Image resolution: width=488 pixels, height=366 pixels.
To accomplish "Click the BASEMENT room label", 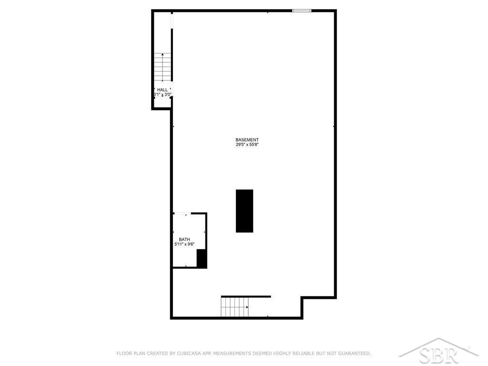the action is pos(247,140).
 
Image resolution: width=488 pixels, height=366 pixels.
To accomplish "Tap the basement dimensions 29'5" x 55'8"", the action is pos(247,144).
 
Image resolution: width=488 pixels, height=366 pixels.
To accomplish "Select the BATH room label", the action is pos(184,239).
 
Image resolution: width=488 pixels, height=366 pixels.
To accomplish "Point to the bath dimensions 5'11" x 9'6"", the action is pos(184,244).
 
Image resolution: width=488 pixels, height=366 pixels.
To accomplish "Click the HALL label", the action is pos(163,90).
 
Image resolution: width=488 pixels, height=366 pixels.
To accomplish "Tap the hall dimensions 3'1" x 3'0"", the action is pos(163,94).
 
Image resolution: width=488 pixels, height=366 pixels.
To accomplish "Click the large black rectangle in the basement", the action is pos(244,211).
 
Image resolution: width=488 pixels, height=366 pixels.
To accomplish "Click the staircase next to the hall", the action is pos(163,67).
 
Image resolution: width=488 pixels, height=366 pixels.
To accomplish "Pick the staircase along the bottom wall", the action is pos(234,307).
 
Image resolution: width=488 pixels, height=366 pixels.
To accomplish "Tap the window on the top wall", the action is pos(302,11).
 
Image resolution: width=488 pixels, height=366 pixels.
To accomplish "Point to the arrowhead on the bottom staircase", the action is pos(247,307).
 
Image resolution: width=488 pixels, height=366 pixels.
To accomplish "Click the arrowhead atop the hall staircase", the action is pos(163,54).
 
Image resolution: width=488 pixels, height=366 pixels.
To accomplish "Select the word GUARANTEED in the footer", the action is pos(354,353).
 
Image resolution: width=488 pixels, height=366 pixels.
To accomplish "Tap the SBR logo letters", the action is pos(438,356).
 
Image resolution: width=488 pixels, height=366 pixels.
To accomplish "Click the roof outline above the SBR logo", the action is pos(438,346).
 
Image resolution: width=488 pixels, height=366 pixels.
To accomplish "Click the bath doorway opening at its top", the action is pos(182,213).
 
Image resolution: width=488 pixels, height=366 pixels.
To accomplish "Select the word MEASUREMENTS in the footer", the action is pos(232,353).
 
